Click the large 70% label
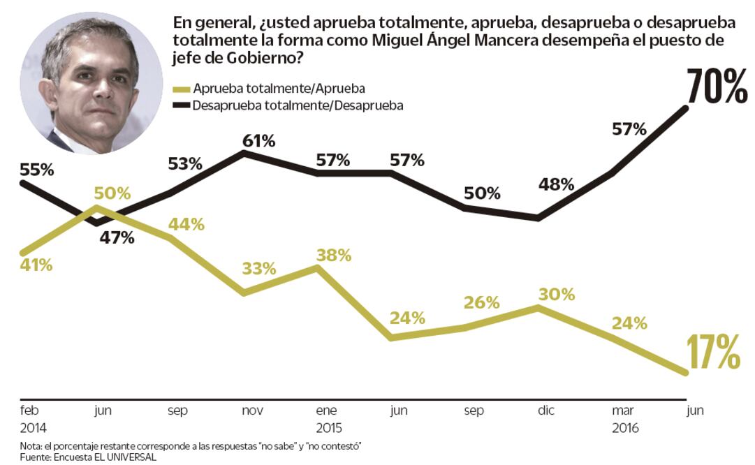717,87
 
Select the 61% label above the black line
258,141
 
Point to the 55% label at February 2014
37,170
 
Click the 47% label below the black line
117,237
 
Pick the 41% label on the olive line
37,265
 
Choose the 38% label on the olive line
333,255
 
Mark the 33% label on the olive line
258,269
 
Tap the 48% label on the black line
556,185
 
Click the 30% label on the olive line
557,294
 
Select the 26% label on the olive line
482,302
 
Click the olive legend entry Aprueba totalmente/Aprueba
269,89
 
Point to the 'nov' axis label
252,411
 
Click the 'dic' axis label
545,411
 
